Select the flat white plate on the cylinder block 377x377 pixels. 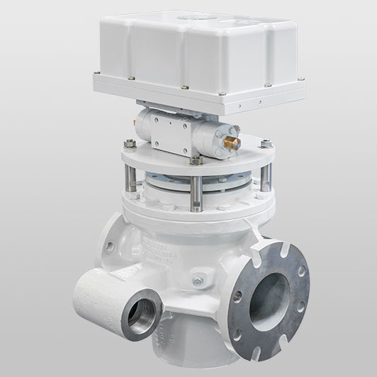[x=167, y=126]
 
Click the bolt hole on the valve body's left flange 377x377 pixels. [x=116, y=247]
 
